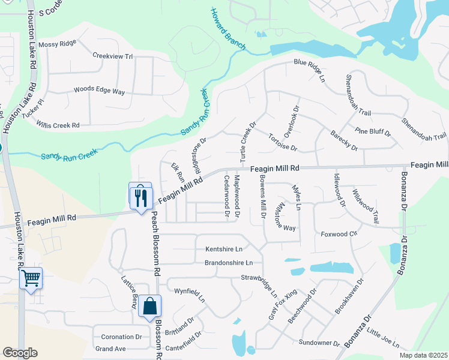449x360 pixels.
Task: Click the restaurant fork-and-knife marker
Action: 140,196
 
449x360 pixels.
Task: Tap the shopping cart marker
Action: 31,278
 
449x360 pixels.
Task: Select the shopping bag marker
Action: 149,307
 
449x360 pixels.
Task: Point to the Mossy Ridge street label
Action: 57,44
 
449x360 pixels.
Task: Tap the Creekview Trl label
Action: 112,56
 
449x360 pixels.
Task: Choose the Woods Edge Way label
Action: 99,91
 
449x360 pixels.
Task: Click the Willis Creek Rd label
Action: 58,126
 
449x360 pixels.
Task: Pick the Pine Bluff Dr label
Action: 373,131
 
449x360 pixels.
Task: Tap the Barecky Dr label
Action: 344,143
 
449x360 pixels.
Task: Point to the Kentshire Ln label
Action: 224,248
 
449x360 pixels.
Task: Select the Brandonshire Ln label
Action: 229,263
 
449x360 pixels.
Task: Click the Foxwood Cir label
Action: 339,233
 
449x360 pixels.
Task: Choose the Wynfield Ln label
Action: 190,295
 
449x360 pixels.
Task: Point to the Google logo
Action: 20,353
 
